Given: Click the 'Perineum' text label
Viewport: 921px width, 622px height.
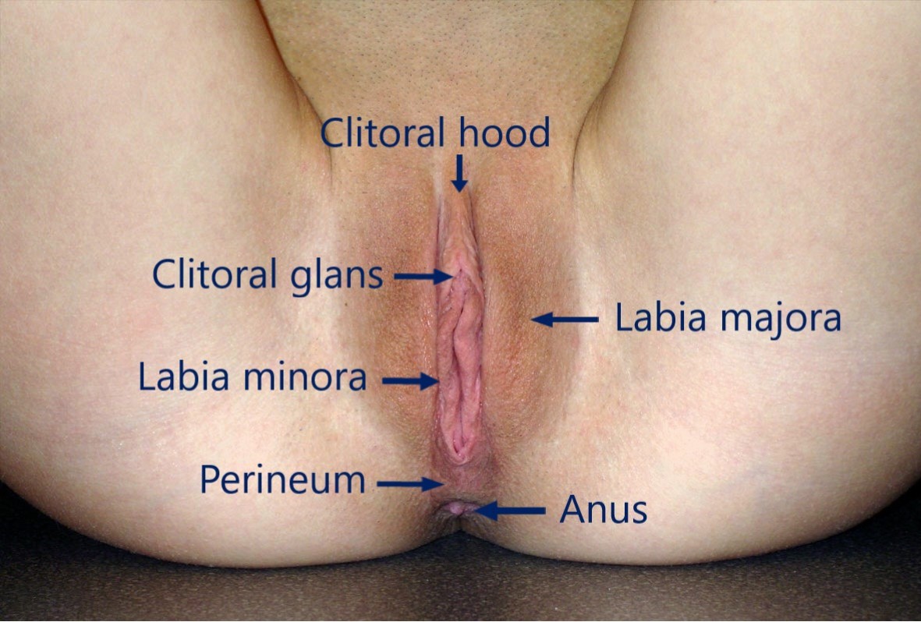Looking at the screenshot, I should [x=282, y=480].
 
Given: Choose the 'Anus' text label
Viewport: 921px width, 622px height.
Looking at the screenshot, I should [x=604, y=511].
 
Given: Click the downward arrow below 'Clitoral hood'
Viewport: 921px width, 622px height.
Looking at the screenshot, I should [x=460, y=173].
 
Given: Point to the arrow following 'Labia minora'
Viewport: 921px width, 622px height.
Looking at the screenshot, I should [x=410, y=381].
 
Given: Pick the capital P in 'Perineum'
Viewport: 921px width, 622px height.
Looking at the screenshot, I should [x=208, y=480].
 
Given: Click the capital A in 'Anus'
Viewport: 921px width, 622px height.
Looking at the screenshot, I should [x=572, y=511].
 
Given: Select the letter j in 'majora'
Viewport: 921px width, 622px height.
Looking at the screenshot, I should [x=761, y=320].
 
